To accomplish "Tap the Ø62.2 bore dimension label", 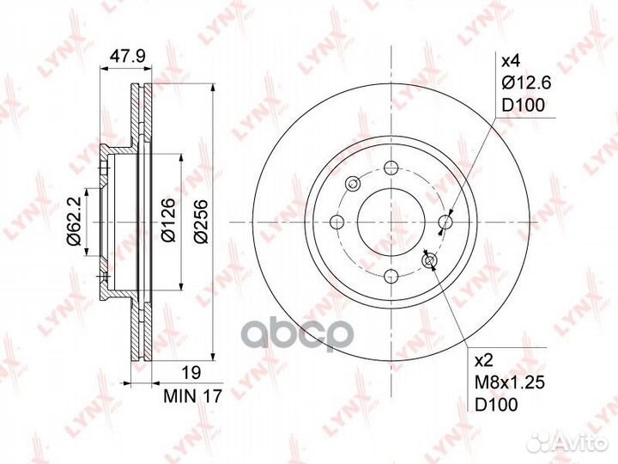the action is point(74,222).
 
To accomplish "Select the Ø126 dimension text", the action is point(168,220).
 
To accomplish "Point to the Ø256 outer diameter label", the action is point(202,222).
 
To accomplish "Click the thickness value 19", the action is point(191,372).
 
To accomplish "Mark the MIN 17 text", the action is point(193,396).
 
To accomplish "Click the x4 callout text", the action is point(511,61).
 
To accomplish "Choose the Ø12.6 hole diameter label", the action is point(526,82).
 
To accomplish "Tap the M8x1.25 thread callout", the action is point(510,382).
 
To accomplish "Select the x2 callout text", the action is point(484,360).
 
